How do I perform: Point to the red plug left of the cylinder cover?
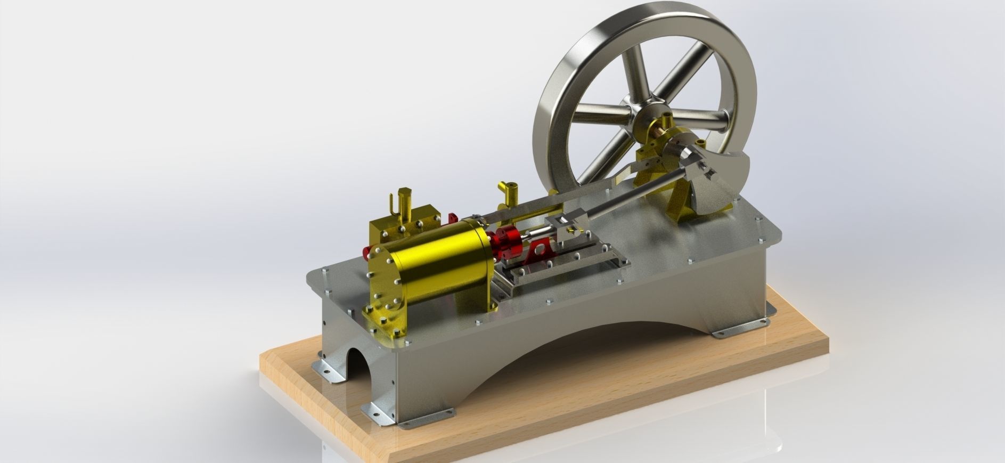(x=367, y=253)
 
